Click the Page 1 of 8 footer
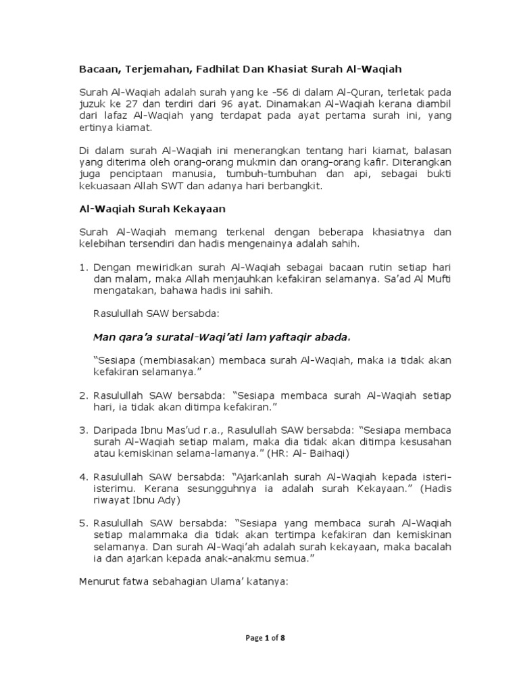tap(259, 637)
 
